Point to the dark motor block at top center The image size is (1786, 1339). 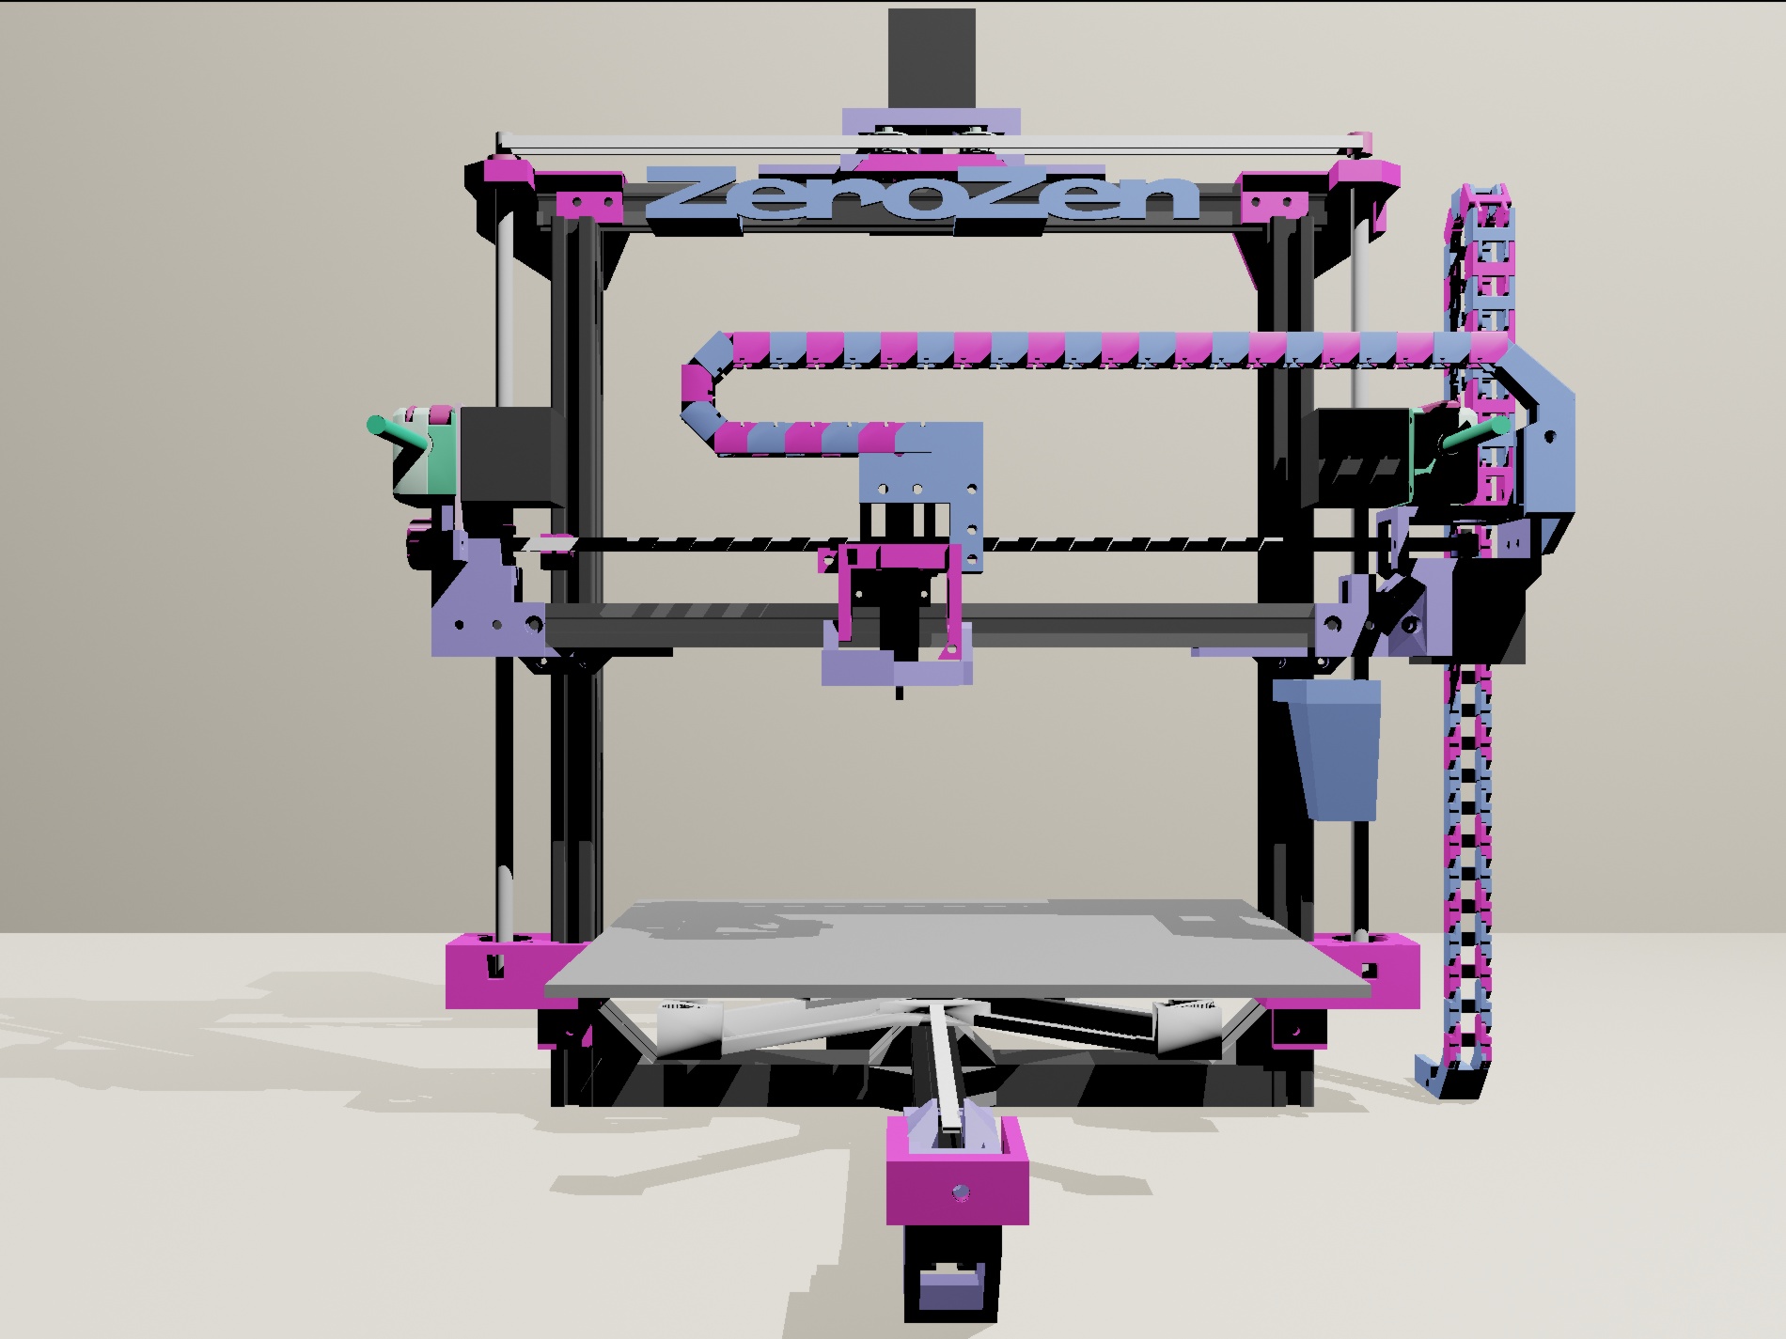tap(932, 59)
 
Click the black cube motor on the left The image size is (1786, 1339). tap(506, 456)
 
